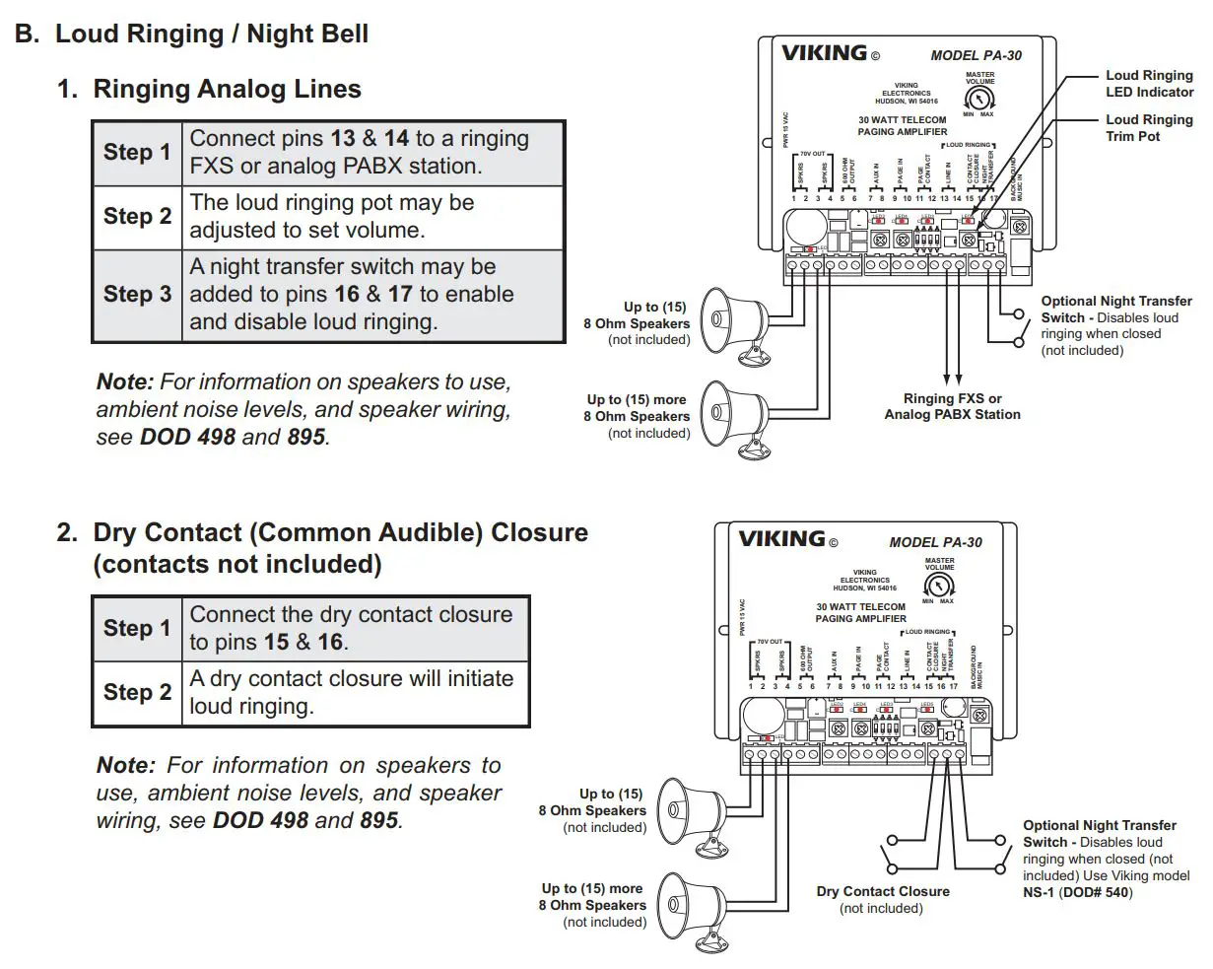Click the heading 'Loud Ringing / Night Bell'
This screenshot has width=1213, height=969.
(x=211, y=34)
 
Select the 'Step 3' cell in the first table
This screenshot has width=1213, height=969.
(x=137, y=294)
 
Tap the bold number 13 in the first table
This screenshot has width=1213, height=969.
(x=343, y=139)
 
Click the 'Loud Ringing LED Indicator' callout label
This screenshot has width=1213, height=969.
(x=1148, y=84)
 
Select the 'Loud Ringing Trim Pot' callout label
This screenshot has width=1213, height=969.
(x=1148, y=128)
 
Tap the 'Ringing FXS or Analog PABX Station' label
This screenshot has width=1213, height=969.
(x=952, y=407)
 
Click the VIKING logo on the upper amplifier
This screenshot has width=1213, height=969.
(x=824, y=53)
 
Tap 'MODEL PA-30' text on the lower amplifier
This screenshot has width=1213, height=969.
(x=935, y=542)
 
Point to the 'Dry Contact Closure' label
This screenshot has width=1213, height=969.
(x=883, y=891)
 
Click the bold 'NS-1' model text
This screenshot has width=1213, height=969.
(x=1038, y=893)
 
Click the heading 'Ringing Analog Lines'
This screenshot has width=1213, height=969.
(x=227, y=89)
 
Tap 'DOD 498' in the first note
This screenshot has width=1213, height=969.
(x=187, y=437)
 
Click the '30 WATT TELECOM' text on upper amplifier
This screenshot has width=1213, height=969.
(x=902, y=120)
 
